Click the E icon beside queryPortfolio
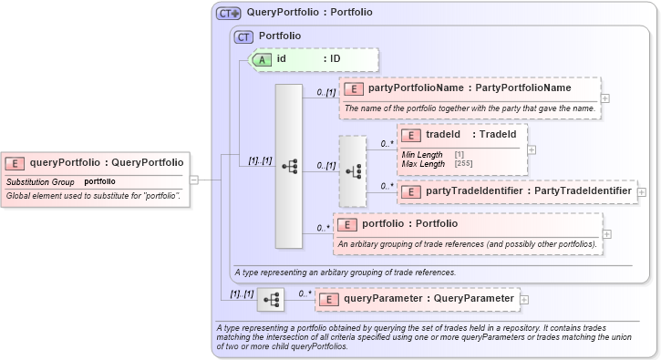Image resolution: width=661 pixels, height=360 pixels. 15,163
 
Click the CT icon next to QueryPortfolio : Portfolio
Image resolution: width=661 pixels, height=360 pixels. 228,14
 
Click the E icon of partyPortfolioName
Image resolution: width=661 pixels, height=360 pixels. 353,88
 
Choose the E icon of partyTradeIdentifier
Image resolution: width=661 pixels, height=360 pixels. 410,191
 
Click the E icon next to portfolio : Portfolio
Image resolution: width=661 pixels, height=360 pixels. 347,224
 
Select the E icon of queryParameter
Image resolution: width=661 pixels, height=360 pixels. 329,299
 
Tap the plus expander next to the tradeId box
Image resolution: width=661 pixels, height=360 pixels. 532,149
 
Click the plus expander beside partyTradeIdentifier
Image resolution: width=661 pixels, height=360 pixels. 642,192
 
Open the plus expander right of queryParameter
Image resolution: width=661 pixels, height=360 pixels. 523,299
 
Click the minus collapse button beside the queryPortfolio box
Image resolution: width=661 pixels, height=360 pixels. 193,180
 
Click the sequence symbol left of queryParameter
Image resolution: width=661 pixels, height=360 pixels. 271,299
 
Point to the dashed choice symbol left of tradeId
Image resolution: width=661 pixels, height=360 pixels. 352,170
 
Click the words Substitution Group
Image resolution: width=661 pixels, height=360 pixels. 40,181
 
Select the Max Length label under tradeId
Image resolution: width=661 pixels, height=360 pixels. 422,163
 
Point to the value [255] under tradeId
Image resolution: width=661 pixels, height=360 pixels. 463,163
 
